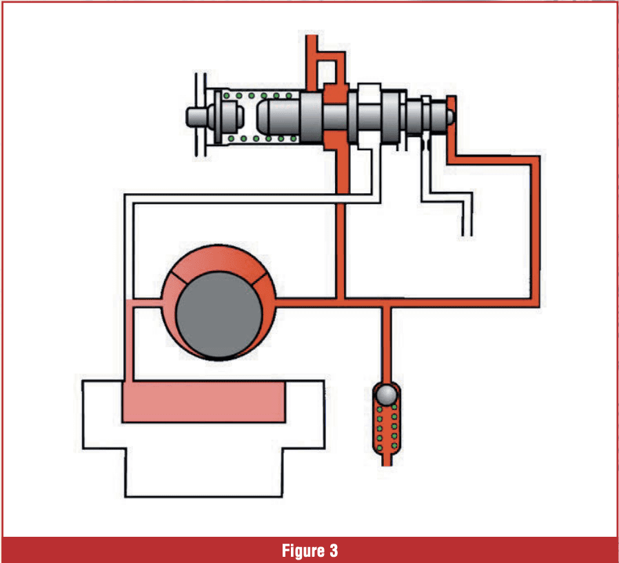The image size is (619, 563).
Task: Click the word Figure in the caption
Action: point(300,551)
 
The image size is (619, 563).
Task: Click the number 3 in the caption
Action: point(333,551)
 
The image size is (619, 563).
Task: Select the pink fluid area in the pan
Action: point(203,402)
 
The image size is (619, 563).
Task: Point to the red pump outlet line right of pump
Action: point(310,302)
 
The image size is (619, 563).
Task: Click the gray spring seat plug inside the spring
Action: point(232,117)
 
